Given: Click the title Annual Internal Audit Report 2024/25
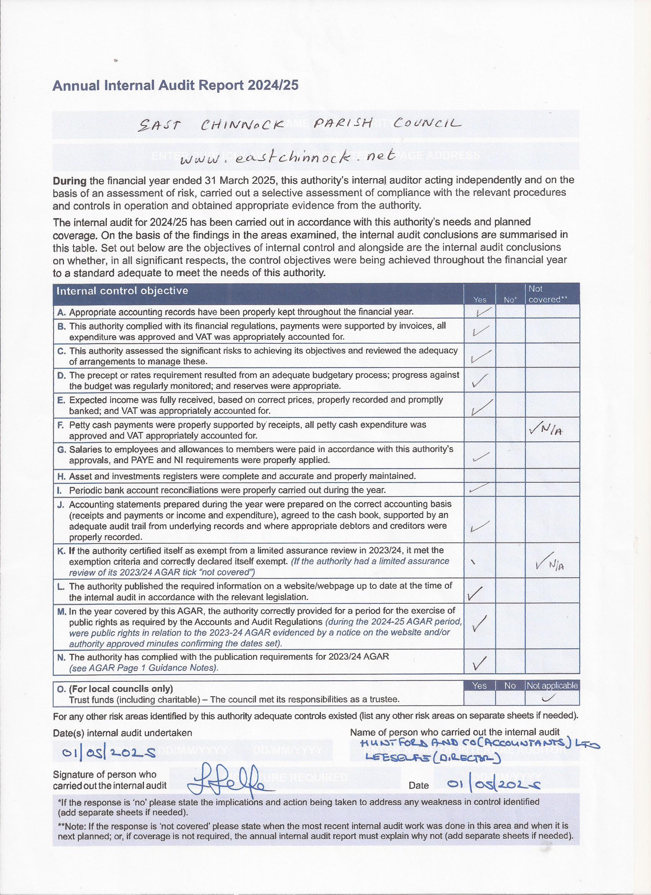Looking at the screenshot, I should click(x=175, y=86).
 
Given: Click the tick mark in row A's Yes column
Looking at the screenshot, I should click(x=482, y=312).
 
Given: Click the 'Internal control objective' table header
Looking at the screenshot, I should click(x=123, y=291).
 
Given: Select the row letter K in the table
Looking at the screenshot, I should click(x=61, y=550).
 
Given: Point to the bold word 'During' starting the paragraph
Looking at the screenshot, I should click(x=69, y=181).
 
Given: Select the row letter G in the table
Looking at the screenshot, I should click(x=61, y=449).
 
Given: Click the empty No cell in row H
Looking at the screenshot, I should click(x=510, y=476).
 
